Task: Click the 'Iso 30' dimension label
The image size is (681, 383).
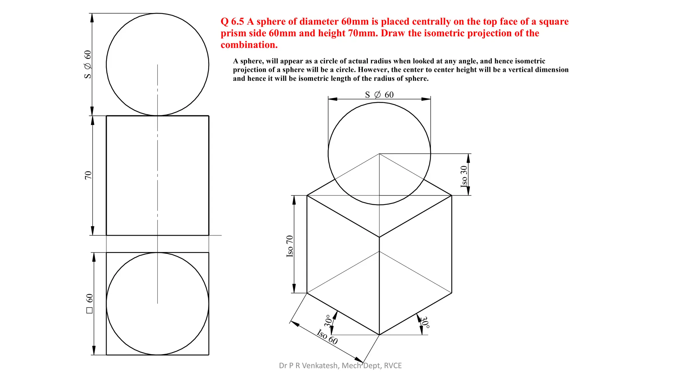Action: (464, 176)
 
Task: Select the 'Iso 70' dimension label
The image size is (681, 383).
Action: (290, 246)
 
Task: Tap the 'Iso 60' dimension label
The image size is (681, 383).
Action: (327, 336)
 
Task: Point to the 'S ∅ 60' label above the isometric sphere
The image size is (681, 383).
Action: (379, 95)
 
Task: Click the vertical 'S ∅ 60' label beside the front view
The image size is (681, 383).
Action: (88, 64)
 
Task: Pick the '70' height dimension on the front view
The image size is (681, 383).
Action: (88, 175)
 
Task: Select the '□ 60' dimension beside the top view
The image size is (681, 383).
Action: (89, 303)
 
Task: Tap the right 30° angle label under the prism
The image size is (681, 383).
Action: (425, 322)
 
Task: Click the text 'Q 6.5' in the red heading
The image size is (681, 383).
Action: (232, 22)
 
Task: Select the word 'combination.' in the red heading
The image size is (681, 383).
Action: (249, 45)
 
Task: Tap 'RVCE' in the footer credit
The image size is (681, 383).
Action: (393, 366)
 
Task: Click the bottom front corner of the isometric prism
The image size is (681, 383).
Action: (379, 335)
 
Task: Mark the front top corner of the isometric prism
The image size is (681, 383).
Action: (379, 237)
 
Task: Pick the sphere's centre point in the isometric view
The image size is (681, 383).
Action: (379, 154)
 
